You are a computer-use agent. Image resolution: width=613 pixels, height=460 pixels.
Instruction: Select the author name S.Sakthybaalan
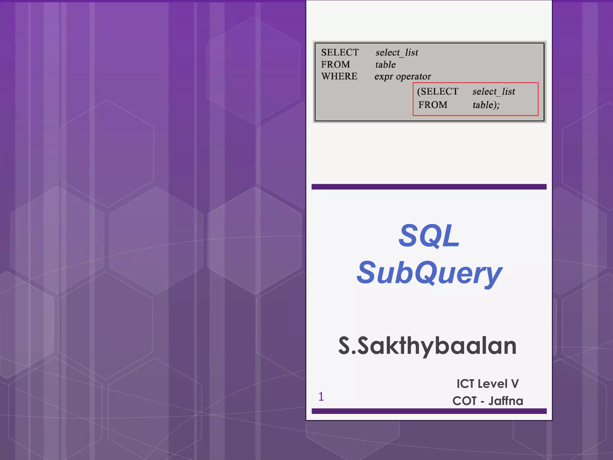(x=427, y=346)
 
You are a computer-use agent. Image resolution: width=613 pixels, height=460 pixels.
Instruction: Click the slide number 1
(x=321, y=397)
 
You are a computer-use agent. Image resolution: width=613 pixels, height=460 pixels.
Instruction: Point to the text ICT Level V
(x=488, y=384)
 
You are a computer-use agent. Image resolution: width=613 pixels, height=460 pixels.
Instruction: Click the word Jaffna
(x=506, y=401)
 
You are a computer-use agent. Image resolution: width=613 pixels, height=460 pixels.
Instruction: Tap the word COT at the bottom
(x=464, y=401)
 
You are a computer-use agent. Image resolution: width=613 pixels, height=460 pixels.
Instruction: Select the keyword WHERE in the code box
(x=339, y=76)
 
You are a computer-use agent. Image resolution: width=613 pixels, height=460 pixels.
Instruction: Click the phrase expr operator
(x=403, y=77)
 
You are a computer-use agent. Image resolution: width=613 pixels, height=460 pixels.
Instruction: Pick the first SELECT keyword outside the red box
(x=340, y=52)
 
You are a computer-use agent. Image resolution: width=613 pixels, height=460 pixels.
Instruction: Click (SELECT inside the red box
(x=438, y=91)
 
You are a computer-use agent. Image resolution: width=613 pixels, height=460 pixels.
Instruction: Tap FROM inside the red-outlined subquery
(x=433, y=105)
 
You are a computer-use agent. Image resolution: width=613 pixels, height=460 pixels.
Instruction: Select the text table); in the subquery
(x=486, y=105)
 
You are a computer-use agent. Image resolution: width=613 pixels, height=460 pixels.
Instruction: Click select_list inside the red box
(x=494, y=91)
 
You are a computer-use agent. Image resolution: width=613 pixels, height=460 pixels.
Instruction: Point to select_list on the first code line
(x=397, y=53)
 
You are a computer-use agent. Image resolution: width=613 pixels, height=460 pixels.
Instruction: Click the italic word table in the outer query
(x=386, y=65)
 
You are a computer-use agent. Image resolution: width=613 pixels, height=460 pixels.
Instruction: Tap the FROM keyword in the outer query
(x=335, y=65)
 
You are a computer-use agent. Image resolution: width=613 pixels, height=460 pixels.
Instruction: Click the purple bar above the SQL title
(x=429, y=187)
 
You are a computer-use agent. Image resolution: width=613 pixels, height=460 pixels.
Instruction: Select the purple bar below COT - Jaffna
(x=429, y=411)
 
